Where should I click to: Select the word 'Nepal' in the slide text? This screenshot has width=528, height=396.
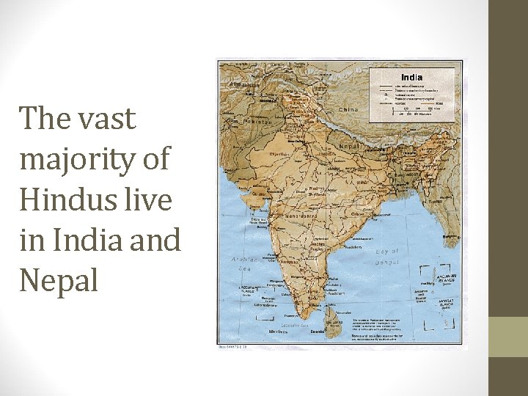(x=59, y=280)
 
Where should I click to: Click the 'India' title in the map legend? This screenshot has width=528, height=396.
(x=411, y=77)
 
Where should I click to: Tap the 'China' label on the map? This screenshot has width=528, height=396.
(x=348, y=110)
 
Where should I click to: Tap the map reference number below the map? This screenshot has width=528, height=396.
(x=232, y=346)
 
